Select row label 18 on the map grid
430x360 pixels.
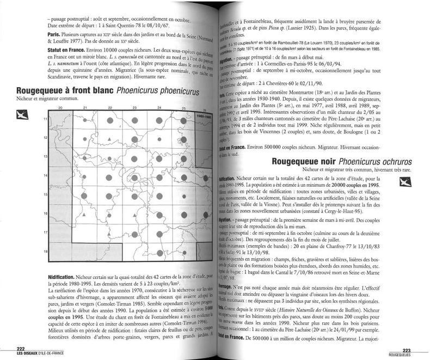tap(45, 252)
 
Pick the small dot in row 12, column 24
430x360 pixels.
tap(159, 140)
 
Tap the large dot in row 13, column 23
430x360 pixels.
tap(134, 158)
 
